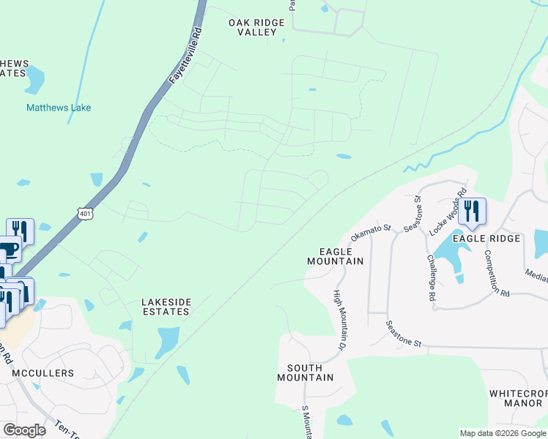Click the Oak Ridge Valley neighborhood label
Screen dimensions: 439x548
click(256, 28)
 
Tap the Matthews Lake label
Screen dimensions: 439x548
click(59, 108)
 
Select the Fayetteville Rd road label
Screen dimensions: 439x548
click(186, 55)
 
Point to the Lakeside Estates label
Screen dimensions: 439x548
click(166, 306)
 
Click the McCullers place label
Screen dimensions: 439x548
click(42, 373)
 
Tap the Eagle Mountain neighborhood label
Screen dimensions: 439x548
click(336, 256)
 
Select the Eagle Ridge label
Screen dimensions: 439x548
click(486, 239)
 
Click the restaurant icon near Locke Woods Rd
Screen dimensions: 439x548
click(473, 211)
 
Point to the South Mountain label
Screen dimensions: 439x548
click(306, 372)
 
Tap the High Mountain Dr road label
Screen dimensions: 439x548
click(339, 319)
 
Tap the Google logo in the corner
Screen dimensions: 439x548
click(24, 430)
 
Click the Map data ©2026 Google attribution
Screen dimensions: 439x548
click(502, 433)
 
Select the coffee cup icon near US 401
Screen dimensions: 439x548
click(9, 249)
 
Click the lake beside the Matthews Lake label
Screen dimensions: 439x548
click(34, 81)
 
